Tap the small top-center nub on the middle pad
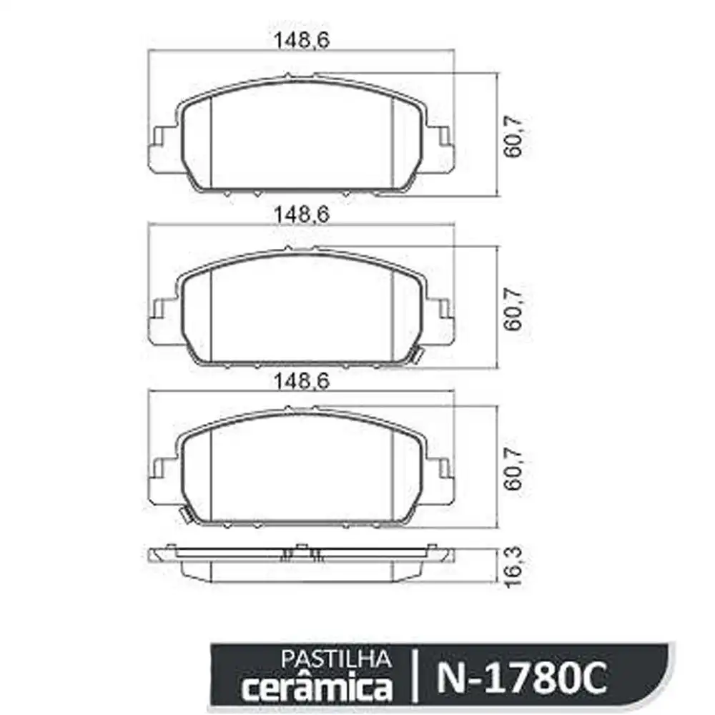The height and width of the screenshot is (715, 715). tap(287, 248)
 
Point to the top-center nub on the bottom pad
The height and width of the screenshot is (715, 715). tap(287, 408)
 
